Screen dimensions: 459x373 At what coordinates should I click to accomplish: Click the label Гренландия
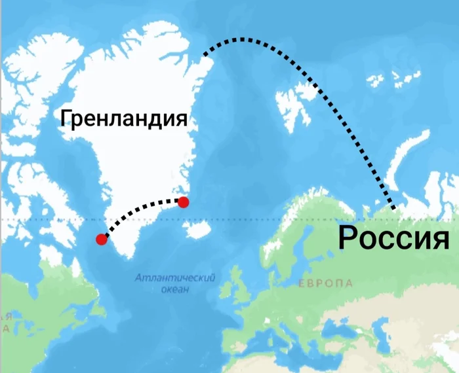123,118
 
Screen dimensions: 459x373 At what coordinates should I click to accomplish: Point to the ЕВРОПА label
325,283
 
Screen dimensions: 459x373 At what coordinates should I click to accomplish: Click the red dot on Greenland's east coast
184,202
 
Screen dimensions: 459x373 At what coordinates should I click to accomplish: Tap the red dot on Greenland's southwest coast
102,239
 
